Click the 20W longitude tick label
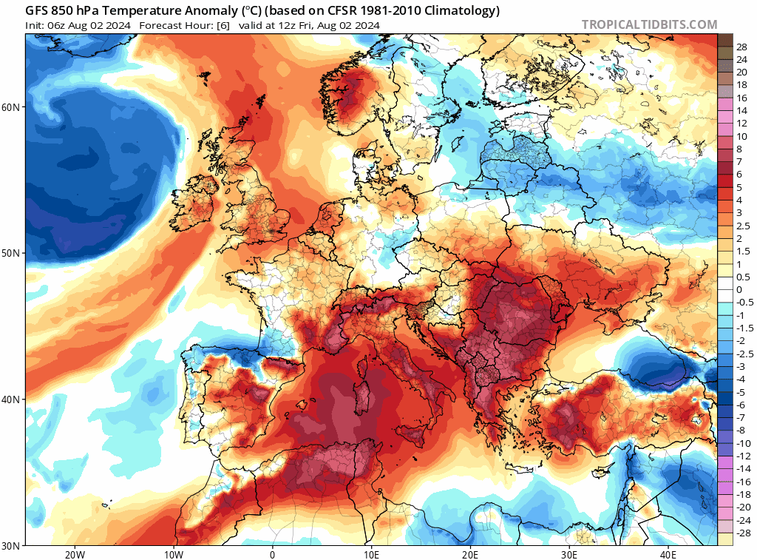[x=74, y=555]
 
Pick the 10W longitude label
[x=173, y=555]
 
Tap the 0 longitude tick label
[x=272, y=555]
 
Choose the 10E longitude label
[x=371, y=555]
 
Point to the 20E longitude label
[x=470, y=555]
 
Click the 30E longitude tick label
[x=569, y=555]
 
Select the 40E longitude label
[x=668, y=555]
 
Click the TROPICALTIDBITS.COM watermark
[x=649, y=24]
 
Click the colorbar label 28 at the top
[x=742, y=47]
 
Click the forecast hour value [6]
[x=223, y=25]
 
